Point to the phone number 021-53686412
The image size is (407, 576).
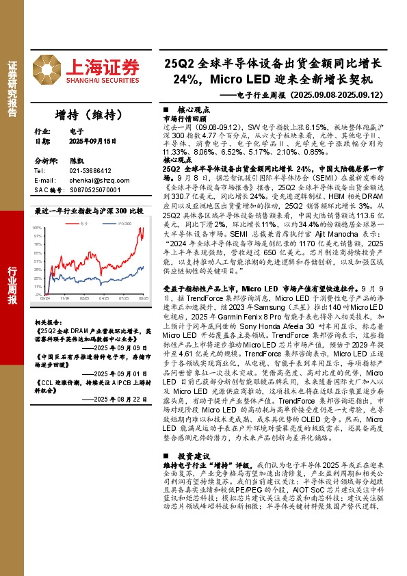click(x=91, y=170)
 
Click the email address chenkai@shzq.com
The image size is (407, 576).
click(x=94, y=179)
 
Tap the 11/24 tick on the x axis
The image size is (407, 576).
click(x=64, y=298)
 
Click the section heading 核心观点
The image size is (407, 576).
click(x=194, y=109)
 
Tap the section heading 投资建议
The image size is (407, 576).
click(x=194, y=456)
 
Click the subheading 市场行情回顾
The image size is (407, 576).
click(x=185, y=118)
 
